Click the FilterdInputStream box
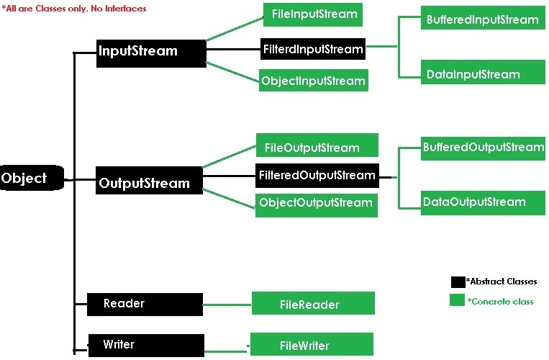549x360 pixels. [x=312, y=49]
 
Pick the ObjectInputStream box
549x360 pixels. [x=313, y=81]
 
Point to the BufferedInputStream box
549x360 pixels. [x=482, y=19]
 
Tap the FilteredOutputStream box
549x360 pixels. [x=316, y=175]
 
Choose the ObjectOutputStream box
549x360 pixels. [x=316, y=203]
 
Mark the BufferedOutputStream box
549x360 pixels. [x=483, y=148]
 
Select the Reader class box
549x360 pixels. [x=144, y=304]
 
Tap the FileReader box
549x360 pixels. [x=312, y=304]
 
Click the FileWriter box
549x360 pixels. [x=311, y=344]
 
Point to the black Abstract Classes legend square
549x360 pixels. [x=458, y=282]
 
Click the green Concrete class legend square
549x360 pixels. [x=457, y=300]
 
